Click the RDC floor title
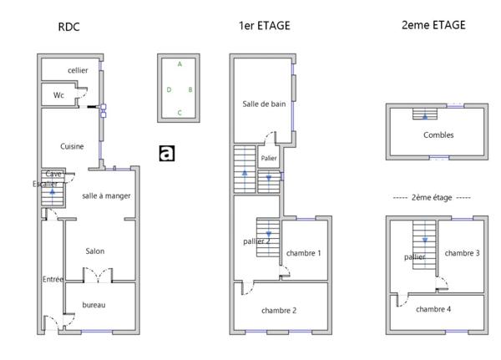click(68, 27)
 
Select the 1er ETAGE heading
click(265, 26)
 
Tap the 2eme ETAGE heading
click(433, 25)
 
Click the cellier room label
click(78, 70)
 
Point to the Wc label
click(58, 95)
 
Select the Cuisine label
click(72, 146)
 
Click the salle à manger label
click(106, 195)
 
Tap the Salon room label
click(95, 251)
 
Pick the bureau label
click(94, 305)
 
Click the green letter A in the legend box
click(180, 64)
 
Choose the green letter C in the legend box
click(180, 113)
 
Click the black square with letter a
click(167, 153)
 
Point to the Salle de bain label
click(264, 104)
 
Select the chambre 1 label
click(304, 253)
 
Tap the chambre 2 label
click(279, 311)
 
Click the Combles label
click(438, 135)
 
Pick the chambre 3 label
click(462, 253)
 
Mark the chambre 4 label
click(433, 309)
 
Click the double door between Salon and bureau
click(98, 275)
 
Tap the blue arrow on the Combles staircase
click(425, 116)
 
